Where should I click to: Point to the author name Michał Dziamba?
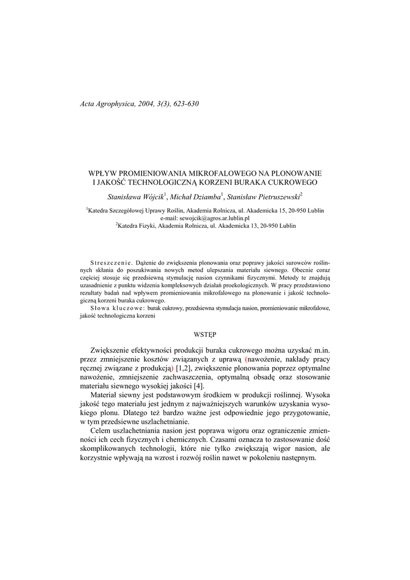(x=195, y=197)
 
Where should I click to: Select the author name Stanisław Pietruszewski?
(x=263, y=197)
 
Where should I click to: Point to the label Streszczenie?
(x=111, y=263)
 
